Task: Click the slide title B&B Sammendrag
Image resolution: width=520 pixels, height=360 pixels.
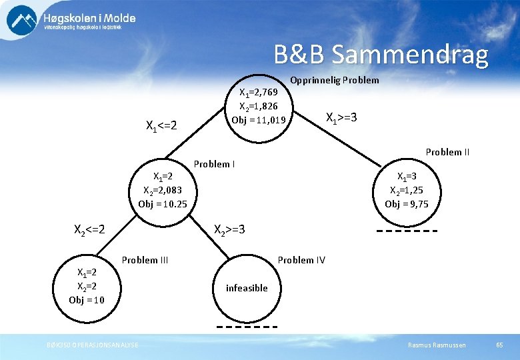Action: point(381,55)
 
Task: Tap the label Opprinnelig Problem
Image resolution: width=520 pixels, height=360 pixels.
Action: point(335,80)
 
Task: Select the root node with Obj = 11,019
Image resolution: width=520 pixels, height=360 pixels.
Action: point(258,107)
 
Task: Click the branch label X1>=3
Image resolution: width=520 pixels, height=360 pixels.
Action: point(341,117)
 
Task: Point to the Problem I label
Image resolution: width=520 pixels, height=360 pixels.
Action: point(213,164)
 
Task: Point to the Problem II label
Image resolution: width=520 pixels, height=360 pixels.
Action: point(447,152)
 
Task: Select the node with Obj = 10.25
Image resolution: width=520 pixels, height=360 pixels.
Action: point(163,190)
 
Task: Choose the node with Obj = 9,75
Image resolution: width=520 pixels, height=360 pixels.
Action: point(407,190)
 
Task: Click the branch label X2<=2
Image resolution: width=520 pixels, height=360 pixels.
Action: point(89,230)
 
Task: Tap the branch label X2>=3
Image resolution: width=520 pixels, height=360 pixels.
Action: point(229,230)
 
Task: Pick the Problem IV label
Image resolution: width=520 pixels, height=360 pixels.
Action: point(301,260)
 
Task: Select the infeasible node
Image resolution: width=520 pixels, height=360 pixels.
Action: point(247,288)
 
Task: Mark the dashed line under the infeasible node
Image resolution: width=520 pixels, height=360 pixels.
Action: point(247,327)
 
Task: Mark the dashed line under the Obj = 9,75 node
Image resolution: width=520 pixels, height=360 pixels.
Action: point(407,231)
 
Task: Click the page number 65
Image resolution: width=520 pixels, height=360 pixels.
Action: point(500,345)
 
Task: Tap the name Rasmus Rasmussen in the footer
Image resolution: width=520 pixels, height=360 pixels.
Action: point(437,345)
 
